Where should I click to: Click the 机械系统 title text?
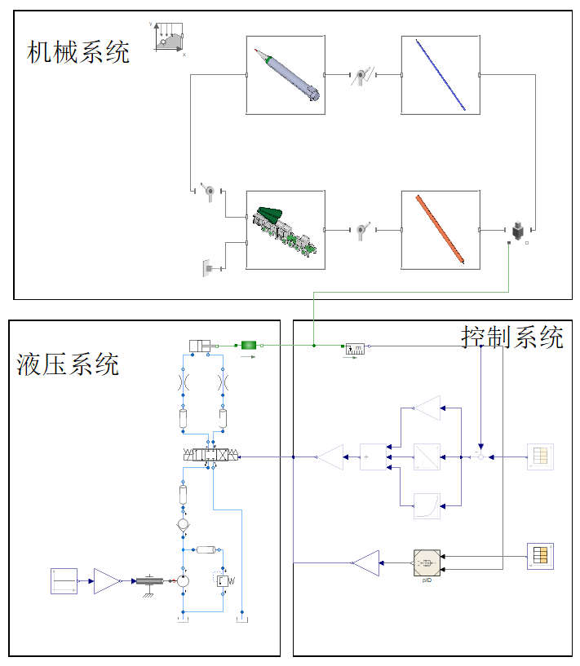click(78, 52)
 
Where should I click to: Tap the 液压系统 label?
click(68, 364)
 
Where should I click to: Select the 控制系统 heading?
click(512, 337)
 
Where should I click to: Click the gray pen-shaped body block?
click(286, 75)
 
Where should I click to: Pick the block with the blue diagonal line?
click(441, 75)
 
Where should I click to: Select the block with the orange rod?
click(441, 229)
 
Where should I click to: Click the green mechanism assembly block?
click(286, 229)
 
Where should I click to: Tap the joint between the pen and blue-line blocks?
click(363, 76)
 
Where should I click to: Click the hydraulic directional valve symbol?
click(212, 456)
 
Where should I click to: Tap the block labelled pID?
click(427, 562)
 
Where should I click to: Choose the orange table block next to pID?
click(539, 555)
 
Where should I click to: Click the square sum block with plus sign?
click(374, 456)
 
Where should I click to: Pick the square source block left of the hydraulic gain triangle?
click(64, 581)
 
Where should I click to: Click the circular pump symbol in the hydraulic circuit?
click(184, 580)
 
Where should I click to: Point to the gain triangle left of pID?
click(366, 562)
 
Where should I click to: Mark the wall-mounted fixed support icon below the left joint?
click(207, 267)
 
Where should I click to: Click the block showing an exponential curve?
click(427, 505)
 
